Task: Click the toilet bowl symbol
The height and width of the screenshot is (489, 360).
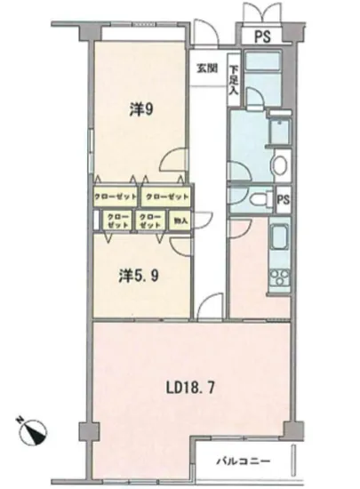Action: coord(260,200)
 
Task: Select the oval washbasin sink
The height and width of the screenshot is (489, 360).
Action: coord(279,164)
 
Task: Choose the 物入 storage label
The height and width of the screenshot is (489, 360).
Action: coord(179,220)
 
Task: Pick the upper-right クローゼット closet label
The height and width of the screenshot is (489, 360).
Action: coord(164,195)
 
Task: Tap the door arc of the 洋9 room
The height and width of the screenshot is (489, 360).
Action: coord(173,160)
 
